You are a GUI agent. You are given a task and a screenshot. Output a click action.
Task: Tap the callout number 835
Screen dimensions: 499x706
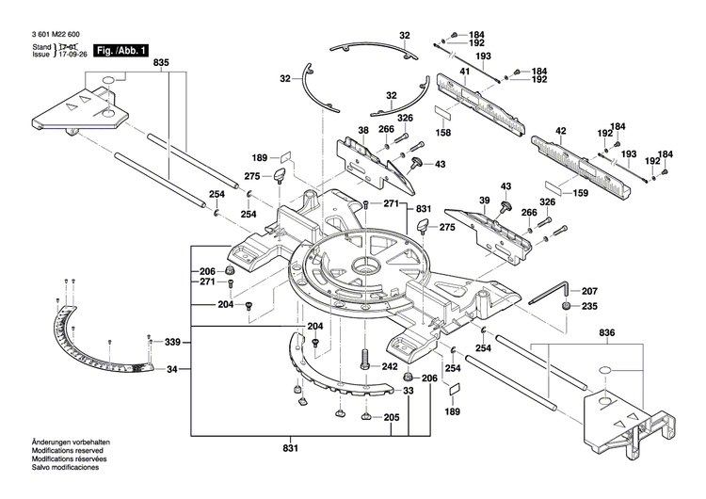(x=162, y=63)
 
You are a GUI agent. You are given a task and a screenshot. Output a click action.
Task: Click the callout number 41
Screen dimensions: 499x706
(x=464, y=72)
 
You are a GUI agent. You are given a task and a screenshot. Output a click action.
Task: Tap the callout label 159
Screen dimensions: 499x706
(x=580, y=194)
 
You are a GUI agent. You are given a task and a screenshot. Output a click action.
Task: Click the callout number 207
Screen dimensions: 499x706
(x=588, y=291)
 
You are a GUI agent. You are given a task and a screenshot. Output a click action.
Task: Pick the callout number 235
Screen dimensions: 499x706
(x=588, y=306)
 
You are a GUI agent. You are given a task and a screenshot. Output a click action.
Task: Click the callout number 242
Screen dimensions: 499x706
(x=389, y=366)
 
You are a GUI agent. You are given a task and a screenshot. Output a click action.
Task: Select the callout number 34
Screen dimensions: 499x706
(x=171, y=369)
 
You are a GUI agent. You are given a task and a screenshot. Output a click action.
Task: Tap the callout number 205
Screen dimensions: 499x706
(x=391, y=418)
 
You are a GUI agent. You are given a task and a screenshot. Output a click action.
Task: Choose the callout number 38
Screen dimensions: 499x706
(x=362, y=130)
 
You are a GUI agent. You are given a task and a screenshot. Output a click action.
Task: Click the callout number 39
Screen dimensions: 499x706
(x=484, y=201)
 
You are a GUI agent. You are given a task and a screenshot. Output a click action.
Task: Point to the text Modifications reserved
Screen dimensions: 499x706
(x=44, y=476)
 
